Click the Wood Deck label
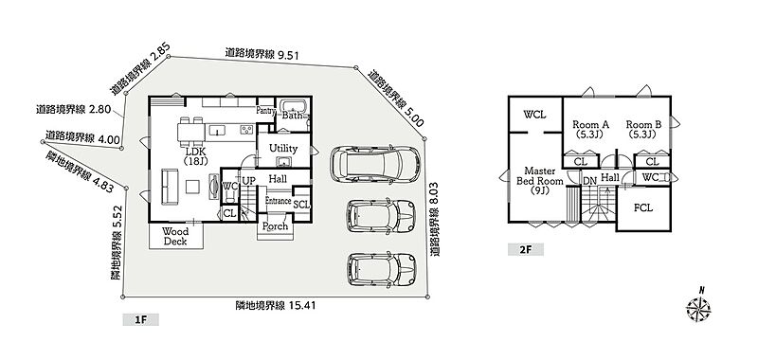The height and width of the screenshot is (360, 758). [175, 236]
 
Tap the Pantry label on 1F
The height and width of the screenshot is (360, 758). [266, 111]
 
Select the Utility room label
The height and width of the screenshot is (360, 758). [282, 149]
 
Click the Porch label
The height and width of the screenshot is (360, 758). [275, 225]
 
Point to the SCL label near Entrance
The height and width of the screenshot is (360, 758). [301, 205]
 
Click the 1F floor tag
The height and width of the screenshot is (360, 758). [140, 319]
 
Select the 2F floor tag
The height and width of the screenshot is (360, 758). [526, 249]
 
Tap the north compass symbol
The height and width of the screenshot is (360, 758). [698, 307]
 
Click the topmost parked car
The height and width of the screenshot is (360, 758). [374, 165]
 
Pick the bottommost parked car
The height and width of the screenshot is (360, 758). [382, 269]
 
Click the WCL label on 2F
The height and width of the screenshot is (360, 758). [535, 115]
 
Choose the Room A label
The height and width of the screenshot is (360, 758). [590, 129]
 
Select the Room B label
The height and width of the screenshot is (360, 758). [644, 129]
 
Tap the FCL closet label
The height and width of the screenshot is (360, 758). [643, 208]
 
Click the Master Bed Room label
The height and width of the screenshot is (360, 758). [540, 181]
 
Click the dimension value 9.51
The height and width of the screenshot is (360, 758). [287, 55]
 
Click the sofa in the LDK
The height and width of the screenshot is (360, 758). [170, 187]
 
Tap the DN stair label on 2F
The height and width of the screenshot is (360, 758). [589, 180]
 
